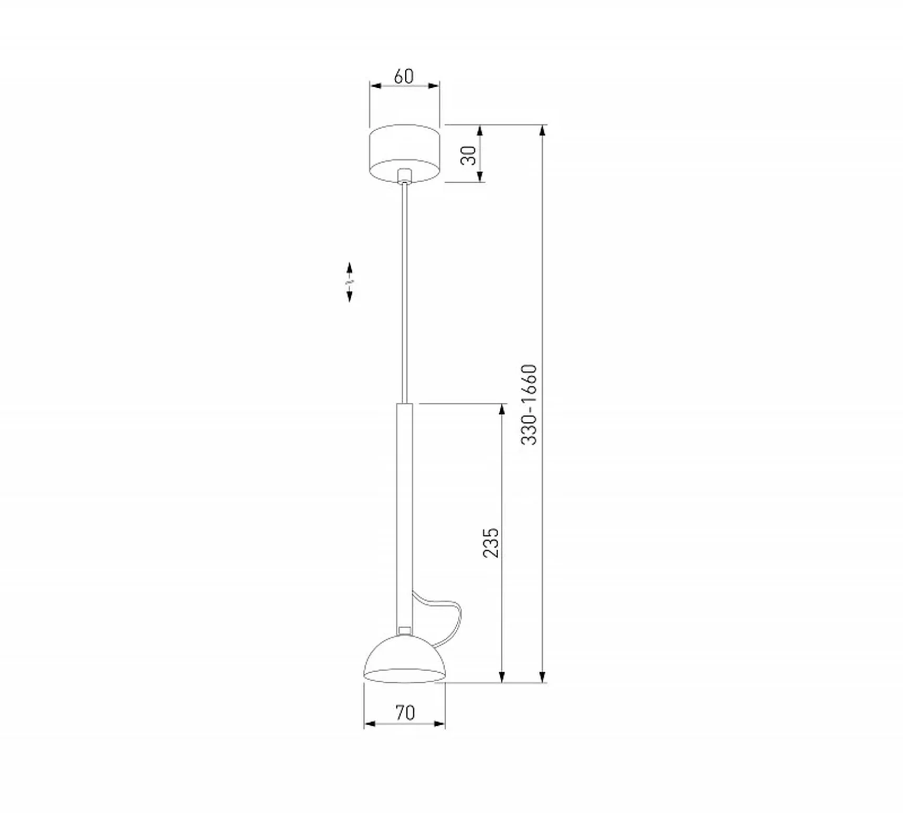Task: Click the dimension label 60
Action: click(404, 76)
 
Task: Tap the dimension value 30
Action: click(468, 155)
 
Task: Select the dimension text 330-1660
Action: click(529, 404)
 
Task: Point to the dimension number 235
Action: click(491, 543)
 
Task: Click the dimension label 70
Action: click(405, 713)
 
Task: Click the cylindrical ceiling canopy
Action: click(404, 153)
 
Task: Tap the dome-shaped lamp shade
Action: click(405, 659)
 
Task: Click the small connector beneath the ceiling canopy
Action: click(404, 175)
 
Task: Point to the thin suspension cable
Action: click(404, 293)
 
